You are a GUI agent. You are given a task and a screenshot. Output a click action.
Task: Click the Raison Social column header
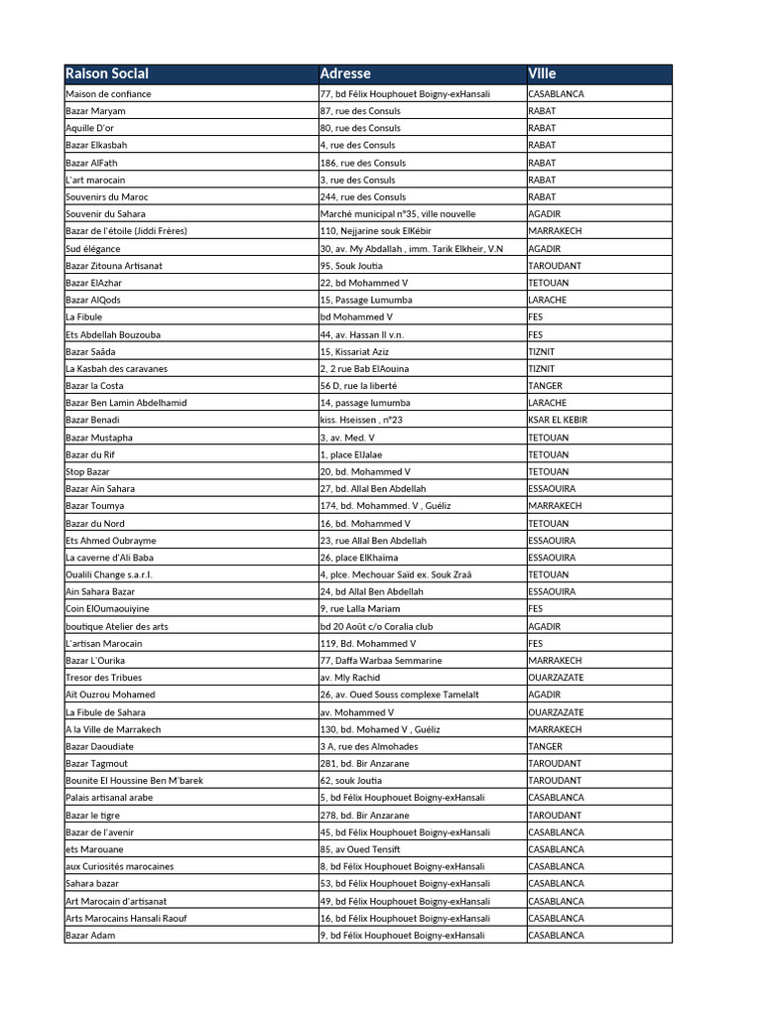coord(107,73)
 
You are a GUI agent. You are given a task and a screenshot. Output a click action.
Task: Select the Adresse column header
coord(345,73)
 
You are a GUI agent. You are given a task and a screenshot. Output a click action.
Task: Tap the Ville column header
coord(543,73)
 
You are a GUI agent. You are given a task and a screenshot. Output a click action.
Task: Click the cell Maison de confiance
coord(109,94)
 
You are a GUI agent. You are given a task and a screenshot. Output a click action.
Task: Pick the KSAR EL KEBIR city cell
coord(558,420)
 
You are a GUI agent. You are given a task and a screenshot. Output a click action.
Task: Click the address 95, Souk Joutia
coord(351,266)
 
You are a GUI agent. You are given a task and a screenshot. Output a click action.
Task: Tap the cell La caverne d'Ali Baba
coord(110,558)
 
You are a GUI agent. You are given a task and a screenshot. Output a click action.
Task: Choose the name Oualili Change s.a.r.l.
coord(109,574)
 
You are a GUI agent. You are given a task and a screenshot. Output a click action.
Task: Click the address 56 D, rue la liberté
coord(358,386)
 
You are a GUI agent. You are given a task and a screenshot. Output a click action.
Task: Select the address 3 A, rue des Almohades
coord(369,746)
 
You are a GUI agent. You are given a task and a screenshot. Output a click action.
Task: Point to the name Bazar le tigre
coord(95,815)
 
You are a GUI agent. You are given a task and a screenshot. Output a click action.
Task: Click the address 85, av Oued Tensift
coord(361,849)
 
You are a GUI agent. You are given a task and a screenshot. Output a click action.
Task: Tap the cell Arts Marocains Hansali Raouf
coord(126,918)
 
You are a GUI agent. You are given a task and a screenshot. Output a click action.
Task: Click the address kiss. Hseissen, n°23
coord(360,420)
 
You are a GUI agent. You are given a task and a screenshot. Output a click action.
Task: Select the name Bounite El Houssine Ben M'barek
coord(134,781)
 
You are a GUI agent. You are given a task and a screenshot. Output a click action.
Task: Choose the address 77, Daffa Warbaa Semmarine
coord(381,661)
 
